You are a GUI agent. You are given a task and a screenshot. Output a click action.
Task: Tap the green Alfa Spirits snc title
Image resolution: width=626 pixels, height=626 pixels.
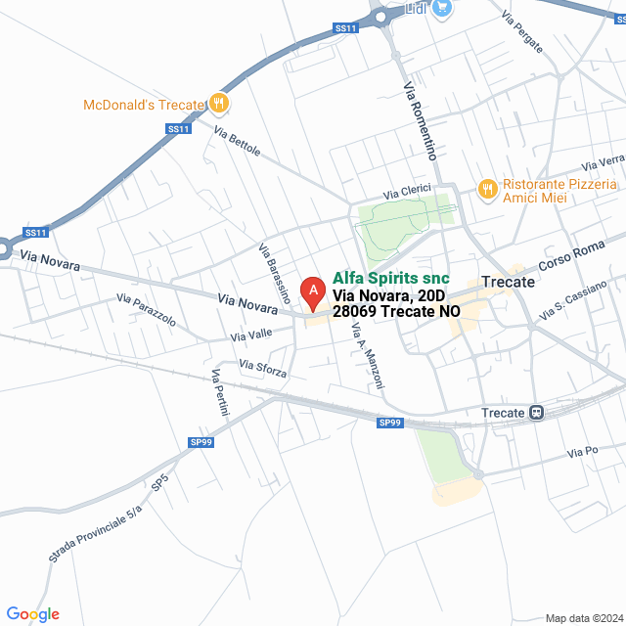(x=390, y=278)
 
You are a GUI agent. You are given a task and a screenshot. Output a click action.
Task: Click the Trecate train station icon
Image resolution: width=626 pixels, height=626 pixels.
(x=537, y=413)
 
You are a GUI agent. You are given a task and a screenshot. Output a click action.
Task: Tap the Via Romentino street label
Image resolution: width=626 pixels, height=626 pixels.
(x=419, y=122)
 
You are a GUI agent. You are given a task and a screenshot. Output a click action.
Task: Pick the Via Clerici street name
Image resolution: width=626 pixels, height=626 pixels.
(x=407, y=193)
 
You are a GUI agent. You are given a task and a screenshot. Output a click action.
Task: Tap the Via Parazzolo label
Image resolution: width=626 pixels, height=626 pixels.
(x=146, y=310)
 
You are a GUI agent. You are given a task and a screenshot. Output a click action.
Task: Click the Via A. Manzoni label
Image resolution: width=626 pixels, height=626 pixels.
(x=367, y=351)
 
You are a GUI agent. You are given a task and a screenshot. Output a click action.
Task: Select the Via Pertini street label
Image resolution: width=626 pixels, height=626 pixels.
(x=219, y=393)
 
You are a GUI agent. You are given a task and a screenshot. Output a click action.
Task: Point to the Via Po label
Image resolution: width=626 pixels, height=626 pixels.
(x=582, y=452)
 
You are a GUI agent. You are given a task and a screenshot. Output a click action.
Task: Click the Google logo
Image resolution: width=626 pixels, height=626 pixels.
(x=32, y=614)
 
